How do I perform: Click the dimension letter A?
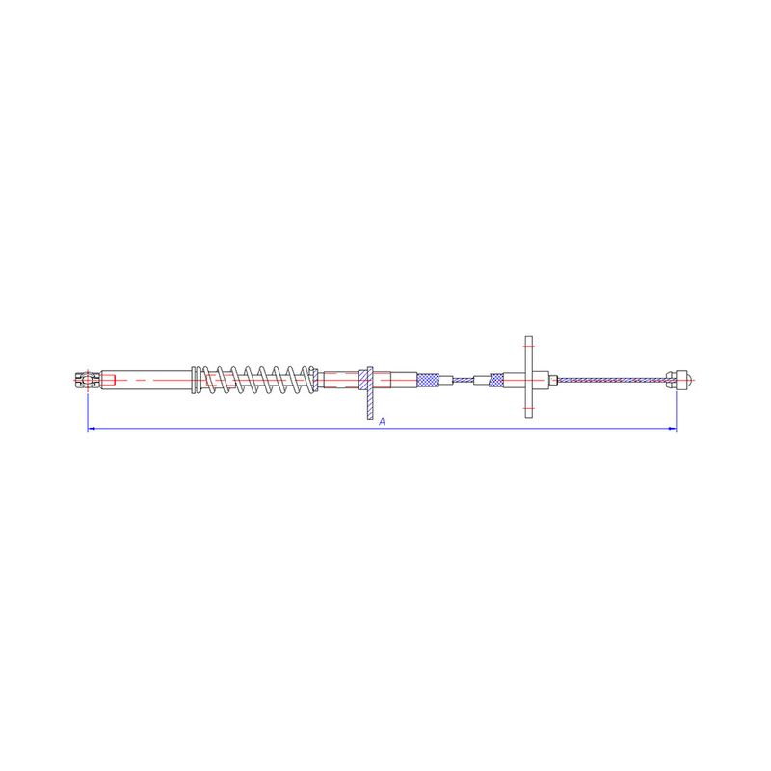coord(383,422)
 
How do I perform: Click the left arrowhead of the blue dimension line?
coord(91,429)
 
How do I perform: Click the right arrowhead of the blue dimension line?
coord(673,429)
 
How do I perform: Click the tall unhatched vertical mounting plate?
coord(528,377)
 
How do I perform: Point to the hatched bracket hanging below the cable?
coord(369,393)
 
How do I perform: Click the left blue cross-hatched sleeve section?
coord(427,380)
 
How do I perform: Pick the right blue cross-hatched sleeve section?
coord(496,380)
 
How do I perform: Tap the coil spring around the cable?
coord(259,380)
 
